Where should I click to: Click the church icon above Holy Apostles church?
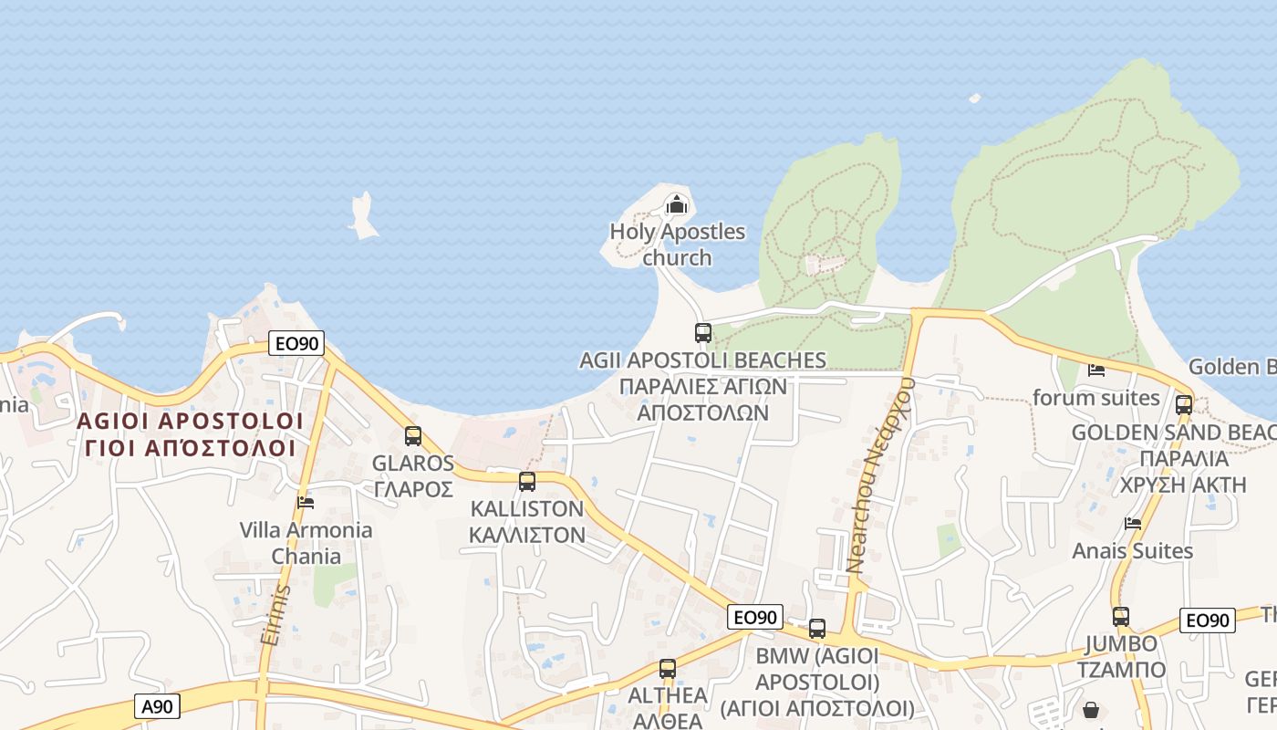coord(676,204)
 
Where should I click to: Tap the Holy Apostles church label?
coord(677,245)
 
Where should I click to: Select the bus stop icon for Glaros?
coord(413,436)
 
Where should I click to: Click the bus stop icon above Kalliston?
coord(527,482)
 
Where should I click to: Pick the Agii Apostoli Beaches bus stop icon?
coord(702,333)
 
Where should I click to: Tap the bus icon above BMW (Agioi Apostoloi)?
coord(817,629)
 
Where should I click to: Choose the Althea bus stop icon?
coord(668,669)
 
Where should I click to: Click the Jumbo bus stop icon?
coord(1121,617)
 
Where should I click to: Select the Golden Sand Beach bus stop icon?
coord(1184,405)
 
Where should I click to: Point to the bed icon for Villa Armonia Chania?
coord(306,502)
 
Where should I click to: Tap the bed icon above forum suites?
coord(1096,370)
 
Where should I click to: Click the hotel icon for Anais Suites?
coord(1133,524)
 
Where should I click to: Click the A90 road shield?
coord(160,705)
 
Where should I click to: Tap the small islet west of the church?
coord(363,217)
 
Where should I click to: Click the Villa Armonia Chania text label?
coord(306,543)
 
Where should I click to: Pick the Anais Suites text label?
coord(1132,551)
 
